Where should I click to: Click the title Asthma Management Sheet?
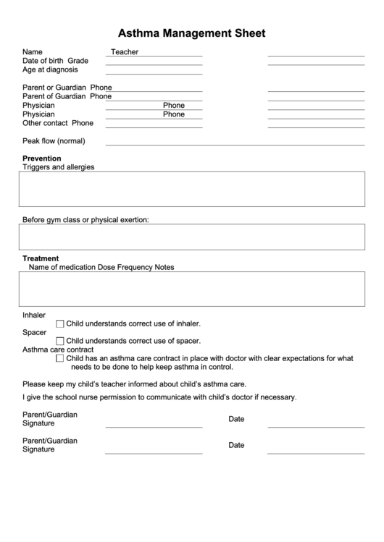point(192,33)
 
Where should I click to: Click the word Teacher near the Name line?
point(125,52)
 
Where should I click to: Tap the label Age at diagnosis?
point(50,70)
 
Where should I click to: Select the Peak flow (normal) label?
point(54,141)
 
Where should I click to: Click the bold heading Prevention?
point(41,158)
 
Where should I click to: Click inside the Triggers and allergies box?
point(192,190)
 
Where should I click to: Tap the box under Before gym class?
point(192,237)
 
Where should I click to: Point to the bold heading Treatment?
point(41,258)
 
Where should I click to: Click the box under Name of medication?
point(192,289)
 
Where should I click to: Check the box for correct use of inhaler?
point(60,324)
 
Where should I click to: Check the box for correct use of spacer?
point(60,341)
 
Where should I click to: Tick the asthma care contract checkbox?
point(60,358)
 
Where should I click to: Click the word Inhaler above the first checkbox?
point(34,316)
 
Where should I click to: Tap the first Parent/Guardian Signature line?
point(154,427)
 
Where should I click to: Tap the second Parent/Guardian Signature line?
point(154,453)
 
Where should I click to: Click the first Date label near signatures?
point(236,419)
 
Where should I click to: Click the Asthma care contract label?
point(58,350)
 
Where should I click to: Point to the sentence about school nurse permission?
point(159,397)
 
